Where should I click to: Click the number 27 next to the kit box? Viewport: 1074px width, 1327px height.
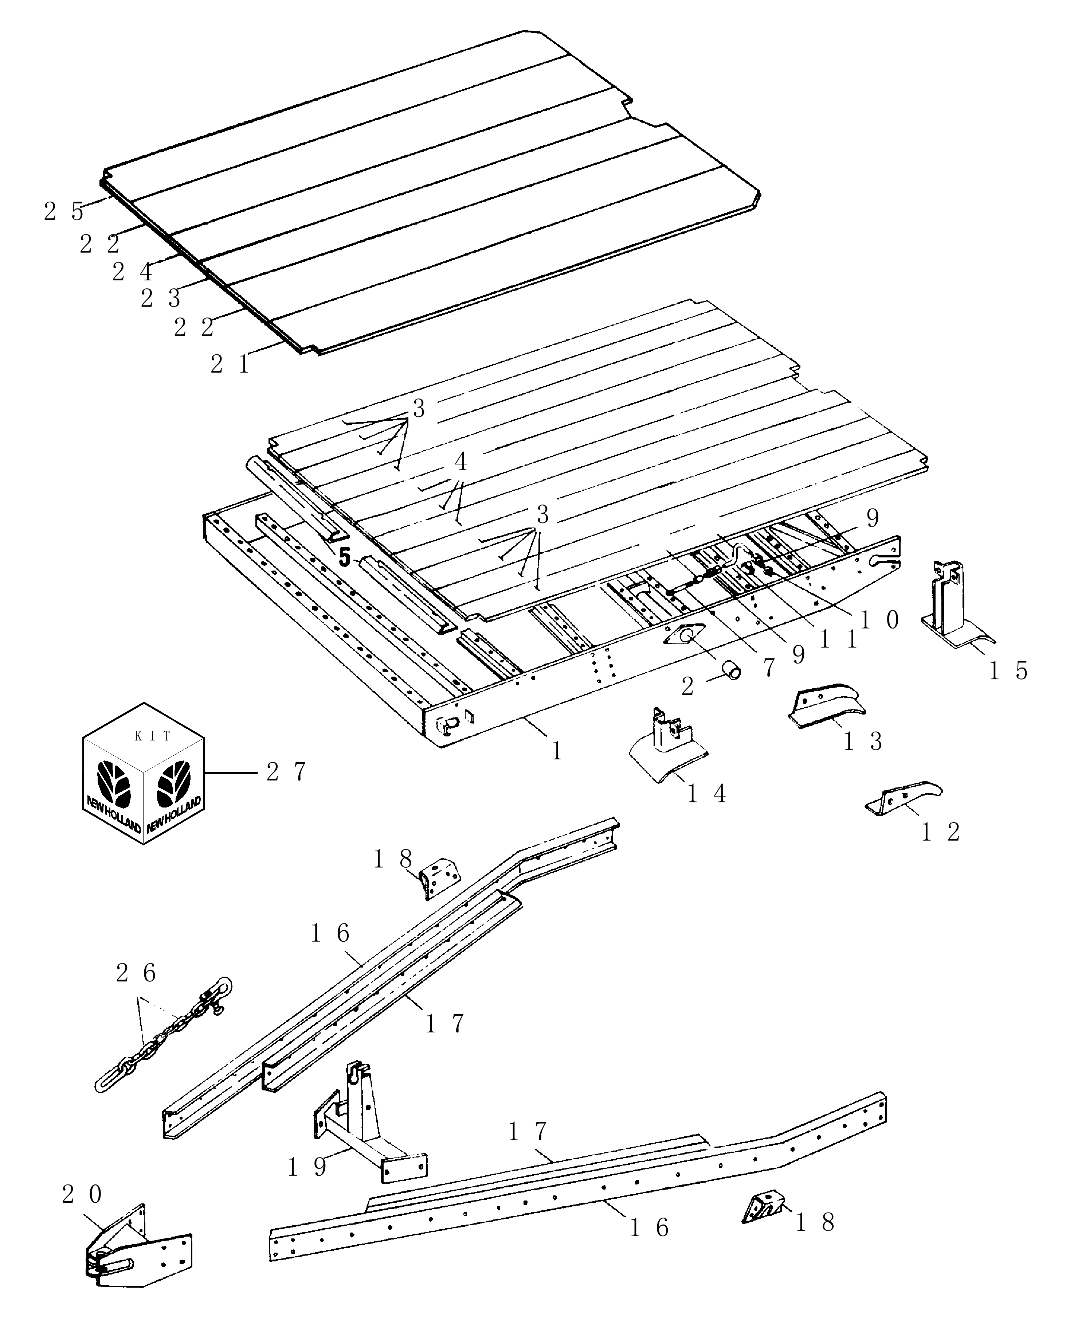[286, 772]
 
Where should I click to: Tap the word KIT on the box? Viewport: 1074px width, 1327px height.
[153, 736]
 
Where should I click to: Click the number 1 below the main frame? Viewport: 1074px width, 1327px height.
[557, 751]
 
